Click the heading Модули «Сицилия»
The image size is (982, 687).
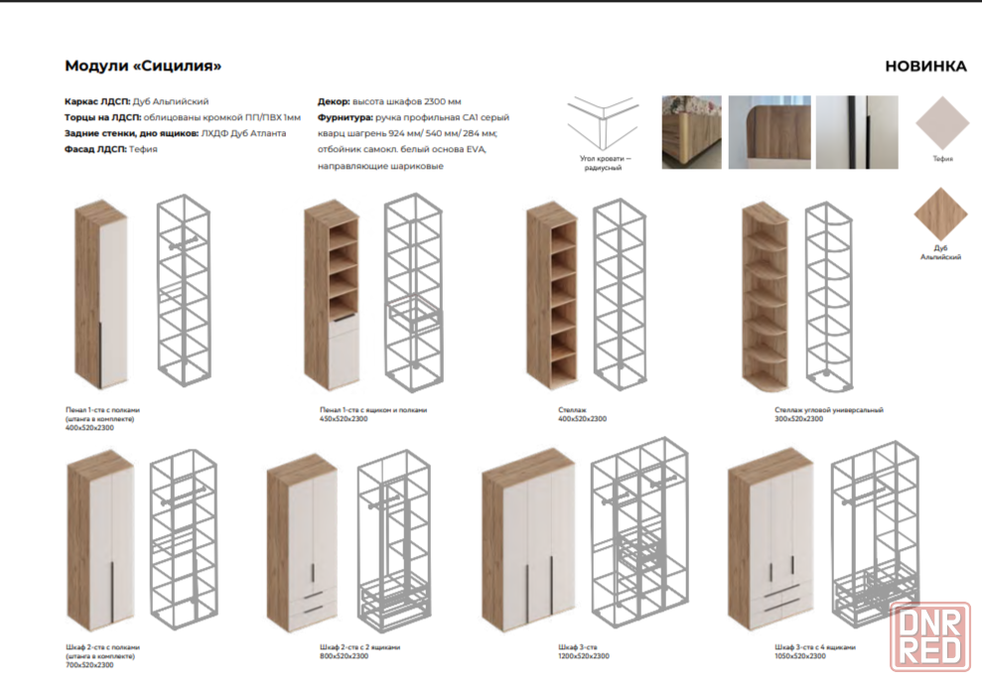(x=143, y=67)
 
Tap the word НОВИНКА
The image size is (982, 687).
(x=925, y=67)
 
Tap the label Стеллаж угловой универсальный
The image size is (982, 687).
(x=828, y=409)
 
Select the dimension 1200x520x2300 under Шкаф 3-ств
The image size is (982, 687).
(x=584, y=656)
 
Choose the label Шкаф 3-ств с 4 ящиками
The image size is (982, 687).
(x=814, y=646)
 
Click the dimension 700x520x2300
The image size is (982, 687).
(x=88, y=664)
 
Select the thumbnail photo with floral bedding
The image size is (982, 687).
(x=691, y=132)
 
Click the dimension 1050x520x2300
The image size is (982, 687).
(x=799, y=656)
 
